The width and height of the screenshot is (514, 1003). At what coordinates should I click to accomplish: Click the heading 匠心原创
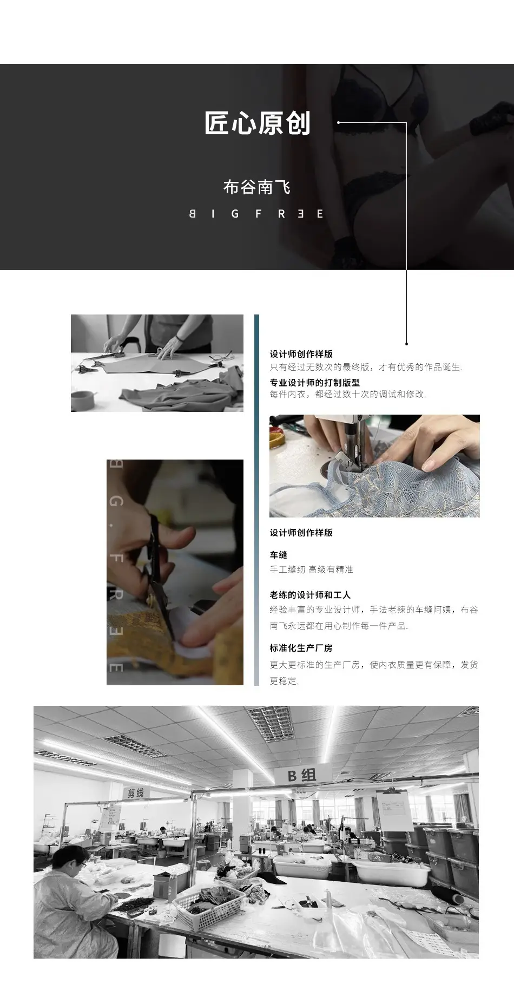(258, 123)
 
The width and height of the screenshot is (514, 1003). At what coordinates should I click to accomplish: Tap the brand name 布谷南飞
(257, 187)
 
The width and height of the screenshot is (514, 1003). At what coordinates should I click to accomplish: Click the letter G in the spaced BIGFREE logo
(234, 213)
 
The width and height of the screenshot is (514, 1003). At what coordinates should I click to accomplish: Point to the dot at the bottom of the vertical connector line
(406, 343)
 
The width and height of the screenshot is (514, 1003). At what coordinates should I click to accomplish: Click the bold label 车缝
(279, 555)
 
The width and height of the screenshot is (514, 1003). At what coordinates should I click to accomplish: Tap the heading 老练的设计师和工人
(310, 594)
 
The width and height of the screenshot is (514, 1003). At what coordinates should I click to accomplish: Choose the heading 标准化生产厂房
(301, 648)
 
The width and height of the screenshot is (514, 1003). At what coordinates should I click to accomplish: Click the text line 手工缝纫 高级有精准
(311, 569)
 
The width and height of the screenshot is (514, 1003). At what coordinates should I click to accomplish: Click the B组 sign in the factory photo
(302, 775)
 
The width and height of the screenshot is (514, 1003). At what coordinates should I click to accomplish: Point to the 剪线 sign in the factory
(135, 793)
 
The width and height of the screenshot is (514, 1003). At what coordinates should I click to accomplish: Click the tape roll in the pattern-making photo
(81, 399)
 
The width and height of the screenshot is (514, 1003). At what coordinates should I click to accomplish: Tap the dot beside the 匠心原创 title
(339, 122)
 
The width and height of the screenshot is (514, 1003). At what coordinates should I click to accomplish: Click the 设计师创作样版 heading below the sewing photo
(301, 533)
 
